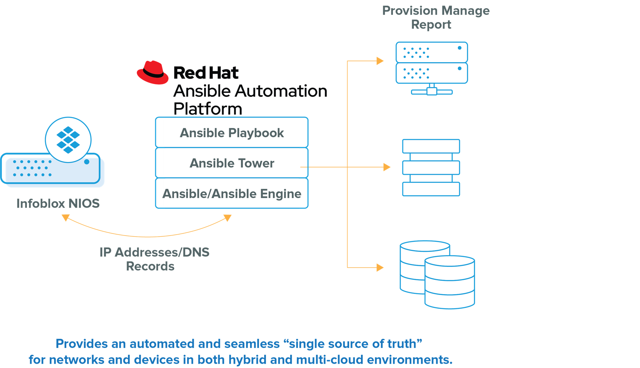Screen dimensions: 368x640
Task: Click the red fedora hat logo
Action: (153, 72)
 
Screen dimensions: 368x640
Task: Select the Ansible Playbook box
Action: (232, 132)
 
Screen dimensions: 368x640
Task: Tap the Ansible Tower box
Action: (232, 163)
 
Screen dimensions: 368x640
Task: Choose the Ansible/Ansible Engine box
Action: (232, 194)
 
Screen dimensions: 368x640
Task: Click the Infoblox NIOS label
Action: (58, 203)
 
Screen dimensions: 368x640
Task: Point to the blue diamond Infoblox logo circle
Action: (68, 140)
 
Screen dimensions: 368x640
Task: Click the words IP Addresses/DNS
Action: (154, 252)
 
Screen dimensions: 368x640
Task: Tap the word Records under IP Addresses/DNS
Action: (150, 266)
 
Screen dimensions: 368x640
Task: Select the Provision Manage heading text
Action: (436, 11)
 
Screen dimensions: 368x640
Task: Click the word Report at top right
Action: (431, 25)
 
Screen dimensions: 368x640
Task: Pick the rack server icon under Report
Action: (432, 67)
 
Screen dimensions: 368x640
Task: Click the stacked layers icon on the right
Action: (431, 168)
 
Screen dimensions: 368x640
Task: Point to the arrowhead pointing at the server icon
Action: (380, 61)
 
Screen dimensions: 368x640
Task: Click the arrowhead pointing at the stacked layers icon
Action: (387, 167)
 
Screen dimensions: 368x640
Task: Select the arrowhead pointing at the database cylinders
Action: (380, 267)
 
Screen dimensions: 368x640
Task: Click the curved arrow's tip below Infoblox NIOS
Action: (65, 218)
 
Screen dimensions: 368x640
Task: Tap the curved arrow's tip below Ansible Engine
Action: (228, 218)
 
